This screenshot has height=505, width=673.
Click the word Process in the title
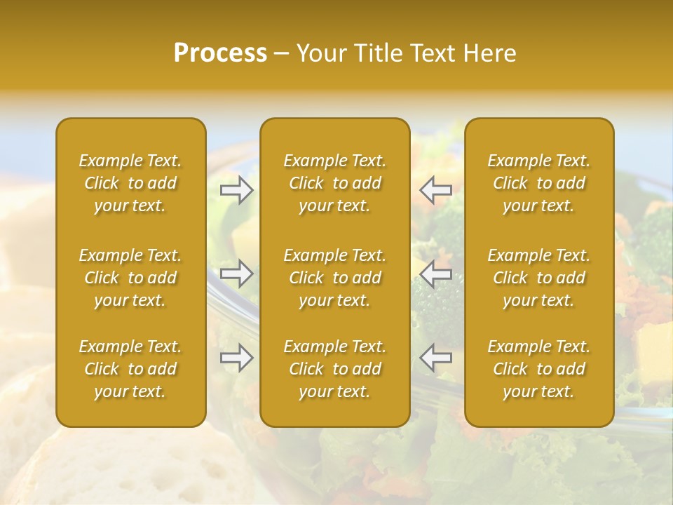[220, 53]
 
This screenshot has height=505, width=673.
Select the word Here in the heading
[490, 53]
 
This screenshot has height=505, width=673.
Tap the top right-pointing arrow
[237, 189]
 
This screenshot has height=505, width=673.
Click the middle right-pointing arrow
[237, 274]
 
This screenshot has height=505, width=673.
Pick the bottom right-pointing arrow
[237, 358]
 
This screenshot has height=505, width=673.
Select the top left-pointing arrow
[435, 189]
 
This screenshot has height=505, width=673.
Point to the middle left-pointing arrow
[435, 274]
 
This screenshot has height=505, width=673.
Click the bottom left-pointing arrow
[435, 358]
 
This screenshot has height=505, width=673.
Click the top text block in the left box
[130, 183]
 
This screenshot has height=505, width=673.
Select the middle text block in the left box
[130, 278]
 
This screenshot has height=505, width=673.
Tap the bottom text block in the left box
[130, 369]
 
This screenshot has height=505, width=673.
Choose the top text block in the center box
[335, 183]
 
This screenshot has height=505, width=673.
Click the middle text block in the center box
[335, 278]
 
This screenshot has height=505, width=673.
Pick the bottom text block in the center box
[335, 369]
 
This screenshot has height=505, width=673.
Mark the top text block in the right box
[539, 183]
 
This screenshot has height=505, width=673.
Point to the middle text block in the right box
[539, 278]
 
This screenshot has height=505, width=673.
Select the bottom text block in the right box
[539, 369]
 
